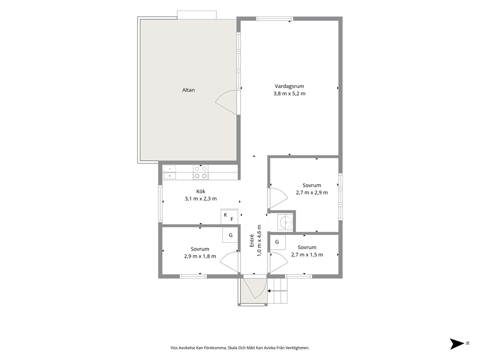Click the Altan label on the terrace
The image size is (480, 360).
coord(188,90)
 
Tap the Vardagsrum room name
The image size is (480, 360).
coord(289,86)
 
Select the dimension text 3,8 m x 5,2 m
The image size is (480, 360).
coord(289,94)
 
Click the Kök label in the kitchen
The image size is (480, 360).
coord(201,191)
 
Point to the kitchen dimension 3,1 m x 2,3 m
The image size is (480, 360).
coord(200,199)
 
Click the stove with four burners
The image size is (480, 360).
coord(200,172)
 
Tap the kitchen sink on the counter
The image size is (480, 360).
coord(169,172)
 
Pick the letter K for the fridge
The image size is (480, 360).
coord(225,215)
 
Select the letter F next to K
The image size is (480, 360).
coord(232,219)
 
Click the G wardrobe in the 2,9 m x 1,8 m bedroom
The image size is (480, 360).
coord(230,235)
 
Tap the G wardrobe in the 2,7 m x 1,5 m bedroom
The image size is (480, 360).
coord(277,242)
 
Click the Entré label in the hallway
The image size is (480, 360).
coord(252,240)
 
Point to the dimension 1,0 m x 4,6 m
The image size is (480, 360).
coord(259,240)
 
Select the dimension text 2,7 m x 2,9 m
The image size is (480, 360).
coord(312,193)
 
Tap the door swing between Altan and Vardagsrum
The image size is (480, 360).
coord(226,103)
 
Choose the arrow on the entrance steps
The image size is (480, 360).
coord(277,291)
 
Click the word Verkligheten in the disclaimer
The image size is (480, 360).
coord(298,348)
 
